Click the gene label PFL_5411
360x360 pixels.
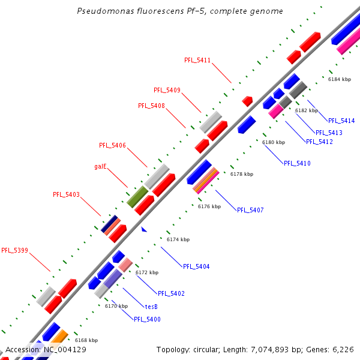click(198, 60)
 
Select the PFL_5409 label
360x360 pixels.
click(167, 90)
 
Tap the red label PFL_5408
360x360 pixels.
click(151, 106)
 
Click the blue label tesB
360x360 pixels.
click(151, 307)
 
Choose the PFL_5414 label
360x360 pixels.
click(341, 121)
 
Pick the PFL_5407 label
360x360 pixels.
click(250, 210)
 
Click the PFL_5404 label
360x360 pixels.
click(196, 266)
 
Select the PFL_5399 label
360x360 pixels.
click(14, 250)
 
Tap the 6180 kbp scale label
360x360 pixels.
click(274, 142)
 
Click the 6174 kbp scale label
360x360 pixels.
click(178, 239)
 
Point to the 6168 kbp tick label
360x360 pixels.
click(86, 340)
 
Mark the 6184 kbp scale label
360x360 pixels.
click(339, 79)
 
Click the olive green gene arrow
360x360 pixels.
click(137, 197)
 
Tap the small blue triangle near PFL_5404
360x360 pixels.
click(143, 229)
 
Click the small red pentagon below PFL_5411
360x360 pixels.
click(247, 101)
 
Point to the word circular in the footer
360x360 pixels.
click(208, 349)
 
